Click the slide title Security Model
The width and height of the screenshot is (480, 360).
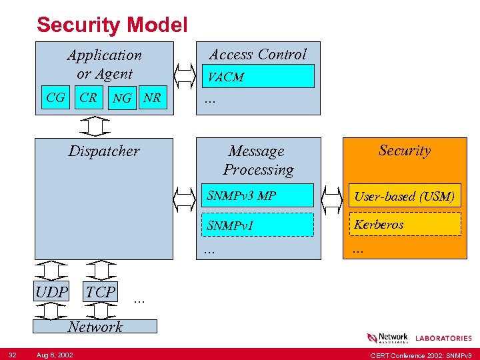click(112, 25)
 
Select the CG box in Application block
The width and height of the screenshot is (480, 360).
click(56, 98)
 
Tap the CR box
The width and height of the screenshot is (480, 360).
click(88, 98)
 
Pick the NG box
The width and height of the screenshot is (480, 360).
click(122, 99)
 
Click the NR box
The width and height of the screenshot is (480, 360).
click(153, 98)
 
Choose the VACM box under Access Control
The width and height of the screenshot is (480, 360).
click(258, 77)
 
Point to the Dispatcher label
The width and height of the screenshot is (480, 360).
click(104, 151)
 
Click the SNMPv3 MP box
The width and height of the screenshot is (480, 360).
click(258, 196)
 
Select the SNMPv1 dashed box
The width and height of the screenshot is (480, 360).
click(258, 225)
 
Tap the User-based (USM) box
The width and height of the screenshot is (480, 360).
click(404, 196)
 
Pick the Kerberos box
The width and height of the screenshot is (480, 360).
click(404, 225)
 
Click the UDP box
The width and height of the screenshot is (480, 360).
click(52, 292)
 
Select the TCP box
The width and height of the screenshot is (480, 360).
click(101, 292)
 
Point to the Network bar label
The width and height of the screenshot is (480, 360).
click(95, 326)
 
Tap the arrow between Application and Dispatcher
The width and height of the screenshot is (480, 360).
click(98, 126)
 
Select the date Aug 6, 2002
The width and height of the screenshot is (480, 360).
click(55, 353)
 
